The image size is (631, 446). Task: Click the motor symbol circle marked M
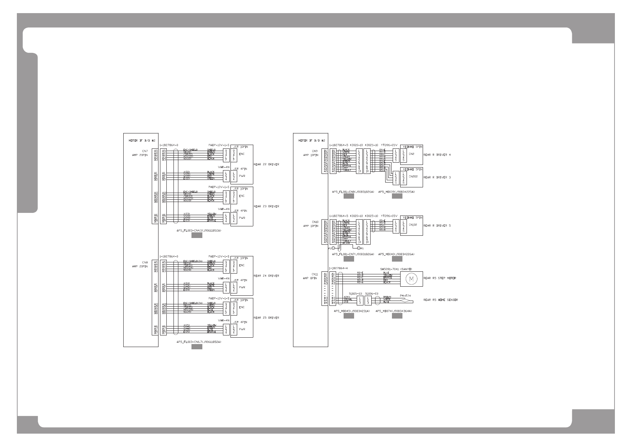411,278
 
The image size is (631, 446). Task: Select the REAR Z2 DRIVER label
266,165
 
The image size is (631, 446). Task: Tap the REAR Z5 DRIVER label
266,317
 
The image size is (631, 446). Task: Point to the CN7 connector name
145,151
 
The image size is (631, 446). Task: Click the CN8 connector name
145,262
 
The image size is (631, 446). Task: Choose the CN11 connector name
315,274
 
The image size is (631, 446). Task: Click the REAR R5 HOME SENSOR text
441,300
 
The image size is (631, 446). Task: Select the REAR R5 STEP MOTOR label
440,278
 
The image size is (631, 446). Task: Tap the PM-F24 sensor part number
405,296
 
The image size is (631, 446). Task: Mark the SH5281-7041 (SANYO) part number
396,269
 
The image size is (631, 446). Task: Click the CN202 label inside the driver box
413,176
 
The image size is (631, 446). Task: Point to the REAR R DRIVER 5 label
437,226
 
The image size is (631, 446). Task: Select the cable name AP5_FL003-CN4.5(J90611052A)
199,230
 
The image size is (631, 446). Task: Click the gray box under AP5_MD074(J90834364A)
397,316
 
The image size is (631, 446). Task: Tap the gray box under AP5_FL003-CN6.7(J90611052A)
197,347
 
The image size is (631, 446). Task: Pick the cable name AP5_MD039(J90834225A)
396,192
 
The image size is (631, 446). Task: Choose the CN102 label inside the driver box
413,224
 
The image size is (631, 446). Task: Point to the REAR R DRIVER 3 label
437,177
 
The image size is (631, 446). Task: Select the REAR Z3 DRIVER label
266,207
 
